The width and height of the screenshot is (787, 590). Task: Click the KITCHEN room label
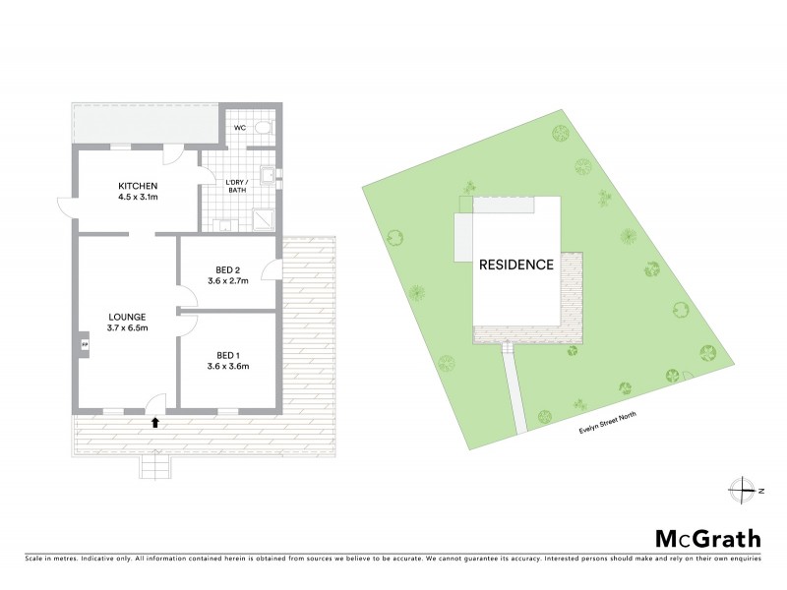139,187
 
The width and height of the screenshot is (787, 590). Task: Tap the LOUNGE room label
128,317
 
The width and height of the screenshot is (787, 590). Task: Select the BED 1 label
228,356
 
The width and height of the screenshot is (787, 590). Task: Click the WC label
240,128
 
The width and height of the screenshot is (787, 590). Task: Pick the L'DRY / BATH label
235,186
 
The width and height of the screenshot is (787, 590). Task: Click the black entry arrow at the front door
154,422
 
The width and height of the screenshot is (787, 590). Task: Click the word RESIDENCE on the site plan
516,265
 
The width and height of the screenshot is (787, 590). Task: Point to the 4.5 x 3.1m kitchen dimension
139,199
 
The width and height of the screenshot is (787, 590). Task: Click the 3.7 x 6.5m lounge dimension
128,328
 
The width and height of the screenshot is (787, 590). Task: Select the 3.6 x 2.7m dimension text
228,281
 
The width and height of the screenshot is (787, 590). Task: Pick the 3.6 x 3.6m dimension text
228,368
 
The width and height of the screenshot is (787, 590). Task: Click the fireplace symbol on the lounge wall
85,345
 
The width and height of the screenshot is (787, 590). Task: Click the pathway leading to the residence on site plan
516,387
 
